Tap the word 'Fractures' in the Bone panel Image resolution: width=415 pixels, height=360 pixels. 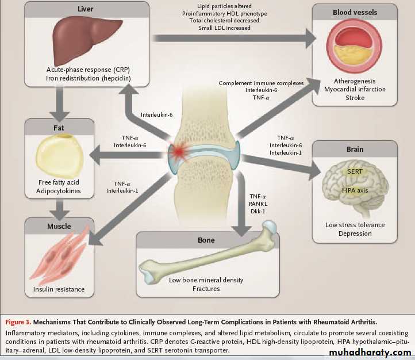point(206,289)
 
